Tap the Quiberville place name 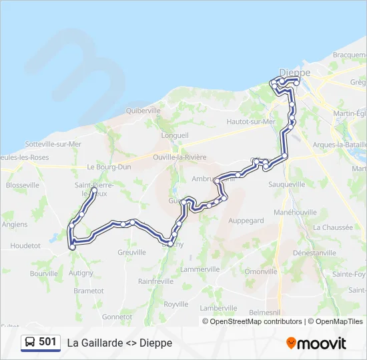(143, 110)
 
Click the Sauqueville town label (288, 184)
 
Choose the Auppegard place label (246, 220)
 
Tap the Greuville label (131, 252)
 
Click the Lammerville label (200, 269)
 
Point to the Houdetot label (25, 245)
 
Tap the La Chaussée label (332, 227)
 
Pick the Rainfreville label (155, 281)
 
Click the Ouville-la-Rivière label (179, 157)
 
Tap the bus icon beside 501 (30, 342)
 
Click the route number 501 (48, 342)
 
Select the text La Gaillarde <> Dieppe (119, 343)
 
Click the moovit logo (316, 343)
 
